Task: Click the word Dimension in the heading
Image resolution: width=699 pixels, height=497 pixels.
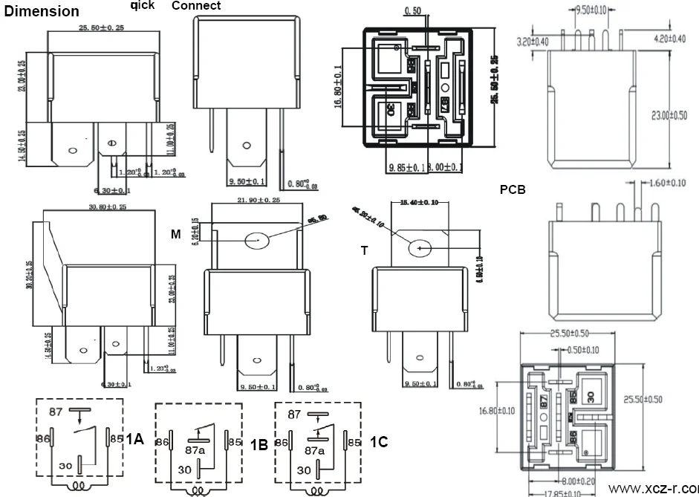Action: coord(42,11)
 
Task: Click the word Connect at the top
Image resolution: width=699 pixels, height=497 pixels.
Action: coord(196,6)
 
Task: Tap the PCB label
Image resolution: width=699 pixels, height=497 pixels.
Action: coord(513,189)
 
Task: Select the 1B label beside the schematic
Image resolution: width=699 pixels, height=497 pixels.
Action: coord(259,445)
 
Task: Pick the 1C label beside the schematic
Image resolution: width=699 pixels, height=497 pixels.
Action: coord(378,442)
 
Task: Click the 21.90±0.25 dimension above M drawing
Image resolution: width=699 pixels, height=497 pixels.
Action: coord(258,201)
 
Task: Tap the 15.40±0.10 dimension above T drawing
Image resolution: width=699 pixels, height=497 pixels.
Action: coord(419,201)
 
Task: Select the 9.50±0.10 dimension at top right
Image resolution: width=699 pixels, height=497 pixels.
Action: coord(591,10)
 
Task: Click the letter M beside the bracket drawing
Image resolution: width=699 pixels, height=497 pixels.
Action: coord(176,235)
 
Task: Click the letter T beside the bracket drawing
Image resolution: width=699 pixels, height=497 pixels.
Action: coord(364,251)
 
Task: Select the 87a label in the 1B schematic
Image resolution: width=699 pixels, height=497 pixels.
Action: coord(194,450)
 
